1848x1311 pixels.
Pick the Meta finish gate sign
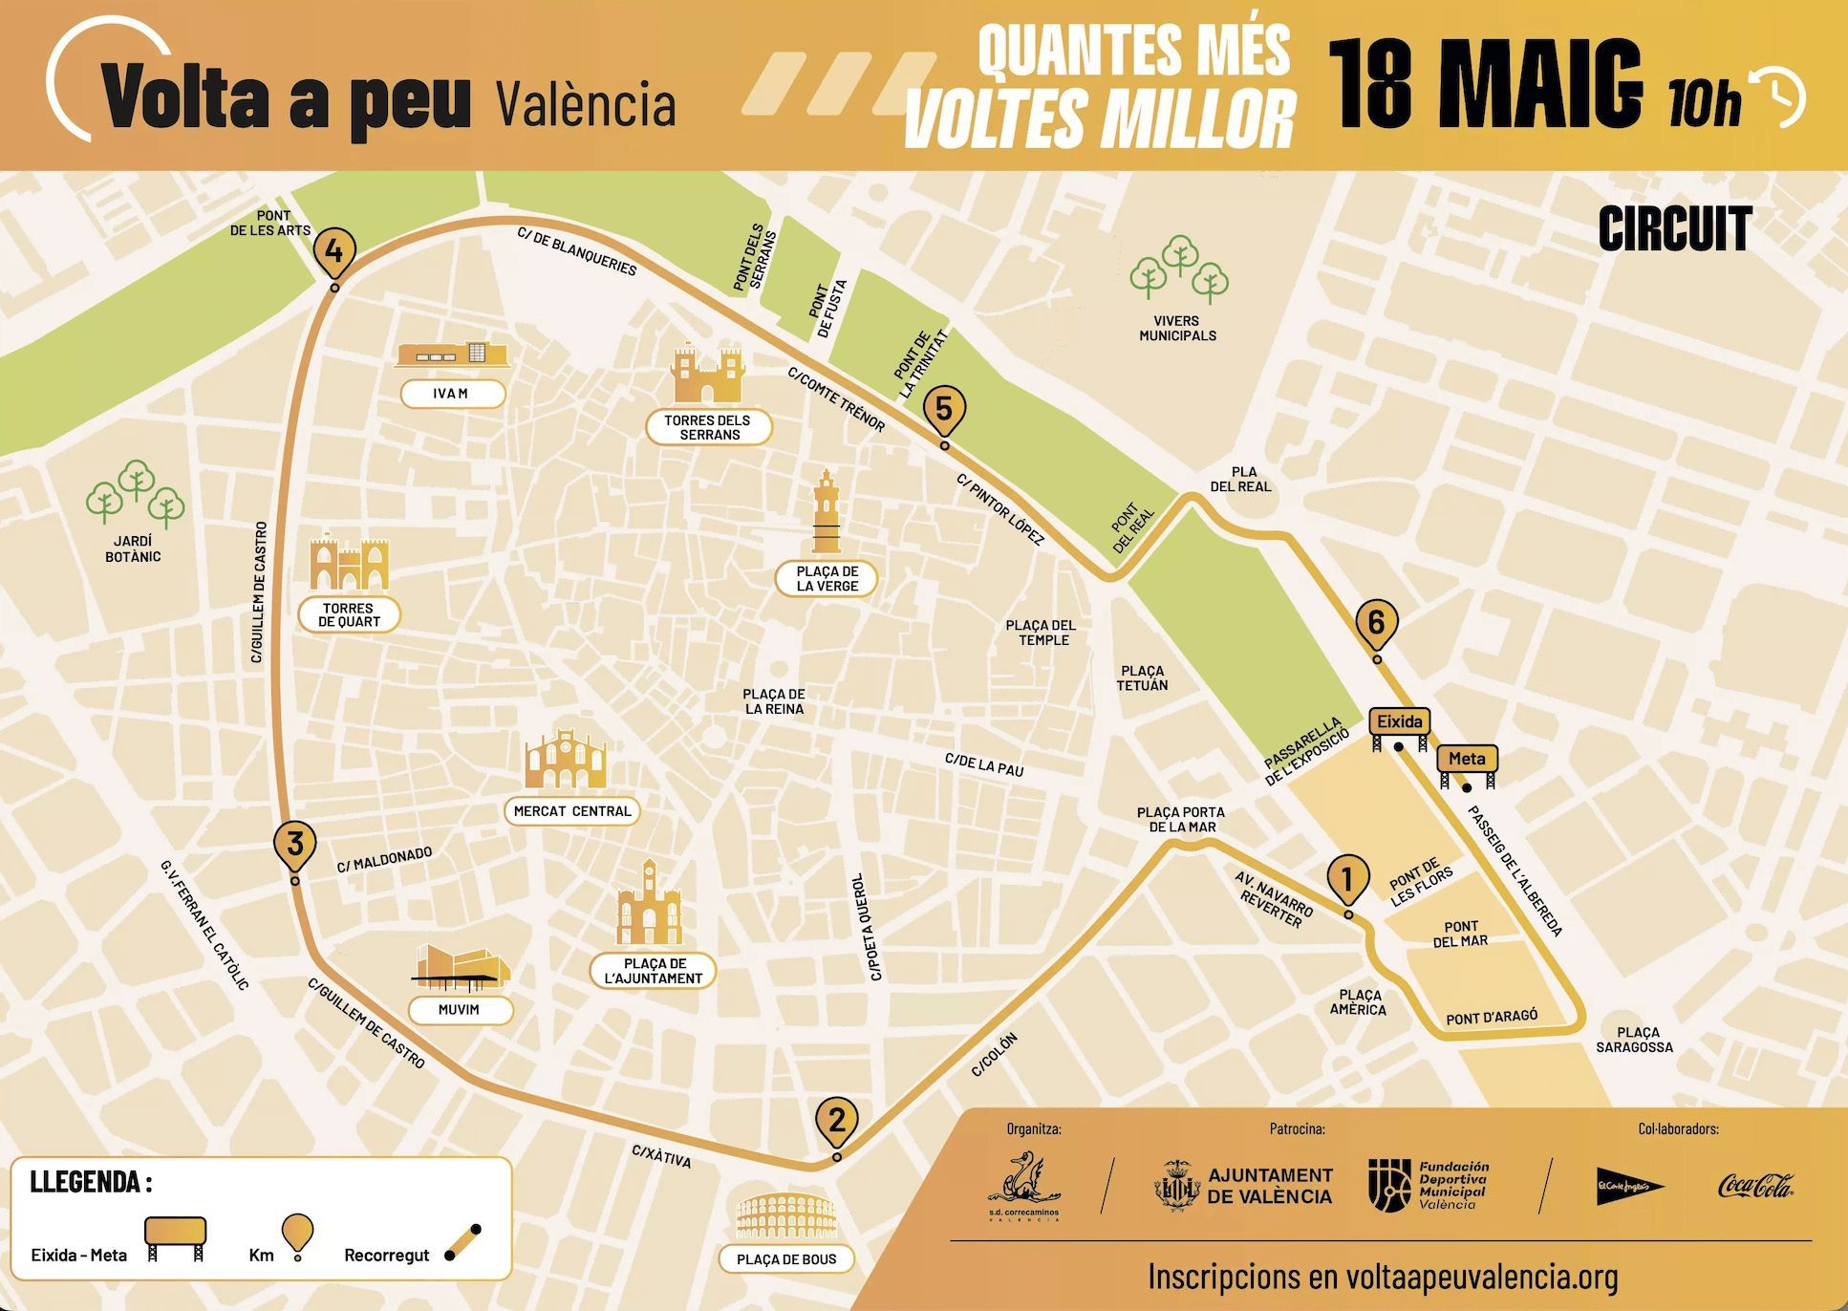1467,761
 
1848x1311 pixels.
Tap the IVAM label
451,394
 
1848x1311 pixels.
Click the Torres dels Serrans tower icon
708,375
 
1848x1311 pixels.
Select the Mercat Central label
572,811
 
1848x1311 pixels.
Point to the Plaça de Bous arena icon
786,1216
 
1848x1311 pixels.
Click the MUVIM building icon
460,966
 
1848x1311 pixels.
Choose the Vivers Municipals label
1177,329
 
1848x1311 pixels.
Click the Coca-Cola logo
1755,1187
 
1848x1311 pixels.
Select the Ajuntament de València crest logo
1177,1186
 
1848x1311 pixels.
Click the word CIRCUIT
1674,229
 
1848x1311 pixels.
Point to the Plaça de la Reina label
774,701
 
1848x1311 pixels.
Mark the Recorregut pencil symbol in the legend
463,1241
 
